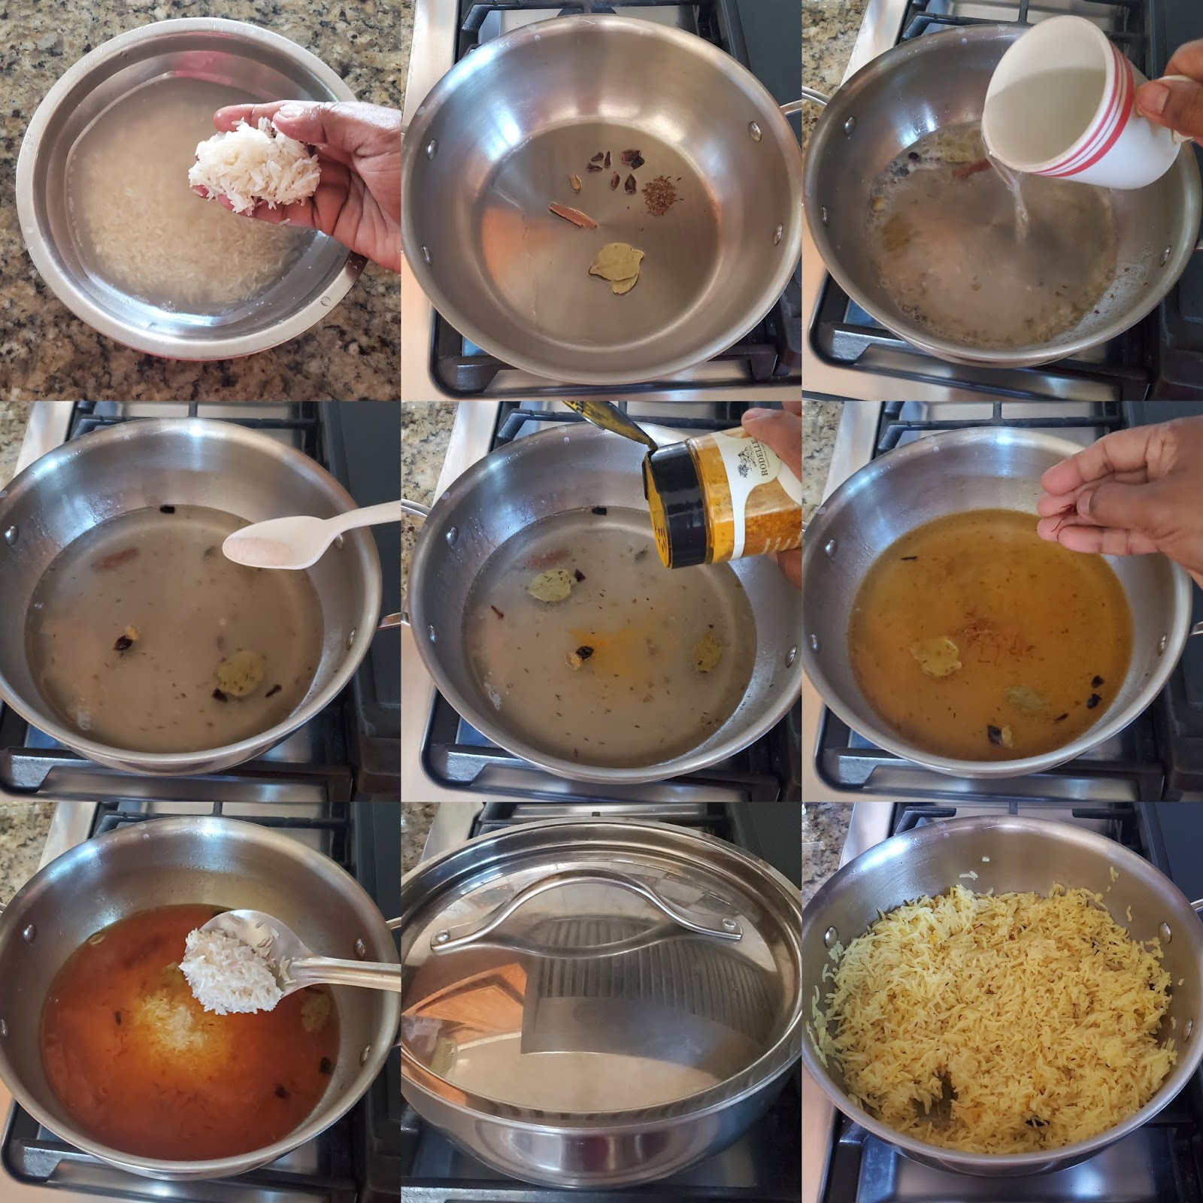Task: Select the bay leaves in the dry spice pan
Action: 614,266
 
